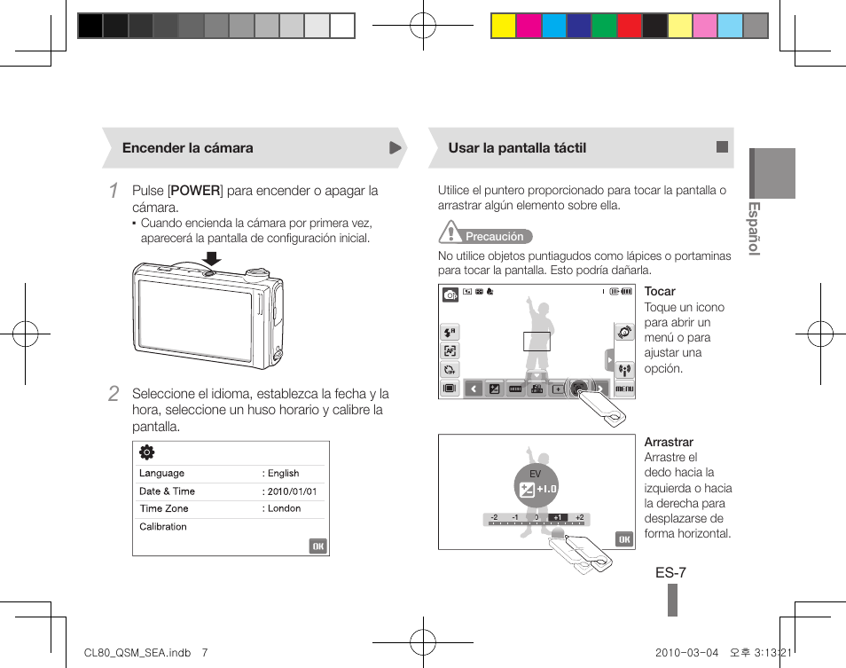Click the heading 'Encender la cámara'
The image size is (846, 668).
pyautogui.click(x=187, y=148)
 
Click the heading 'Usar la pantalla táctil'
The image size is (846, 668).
pyautogui.click(x=517, y=148)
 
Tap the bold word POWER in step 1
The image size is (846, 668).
pyautogui.click(x=195, y=191)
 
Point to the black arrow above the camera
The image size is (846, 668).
pyautogui.click(x=211, y=258)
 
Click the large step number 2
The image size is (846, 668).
pyautogui.click(x=113, y=394)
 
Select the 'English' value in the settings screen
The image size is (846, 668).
pyautogui.click(x=284, y=474)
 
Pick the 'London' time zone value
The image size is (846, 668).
pyautogui.click(x=284, y=509)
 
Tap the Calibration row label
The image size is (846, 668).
pyautogui.click(x=163, y=527)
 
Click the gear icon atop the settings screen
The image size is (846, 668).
pyautogui.click(x=147, y=452)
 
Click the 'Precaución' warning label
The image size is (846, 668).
pyautogui.click(x=494, y=237)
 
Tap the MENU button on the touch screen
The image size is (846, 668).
pyautogui.click(x=624, y=389)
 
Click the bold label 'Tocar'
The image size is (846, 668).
pyautogui.click(x=660, y=292)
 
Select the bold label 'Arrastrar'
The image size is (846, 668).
pyautogui.click(x=669, y=443)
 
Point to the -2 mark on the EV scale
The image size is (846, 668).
pyautogui.click(x=494, y=517)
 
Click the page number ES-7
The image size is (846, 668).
pyautogui.click(x=670, y=573)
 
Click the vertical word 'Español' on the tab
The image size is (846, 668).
pyautogui.click(x=754, y=229)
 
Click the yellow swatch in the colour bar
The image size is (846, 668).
pyautogui.click(x=504, y=26)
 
